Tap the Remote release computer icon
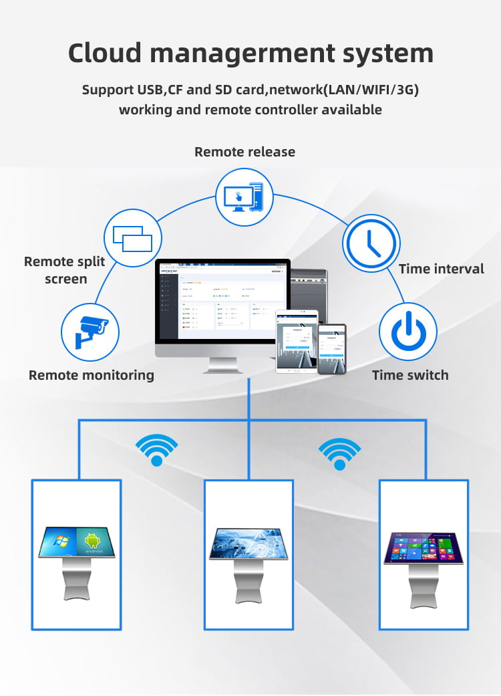(244, 197)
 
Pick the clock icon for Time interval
(371, 243)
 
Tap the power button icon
(407, 332)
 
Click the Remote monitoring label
(91, 375)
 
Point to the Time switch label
(410, 375)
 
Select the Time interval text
(441, 269)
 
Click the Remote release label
(244, 152)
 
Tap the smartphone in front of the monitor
(331, 349)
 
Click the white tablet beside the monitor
(296, 341)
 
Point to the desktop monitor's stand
(223, 365)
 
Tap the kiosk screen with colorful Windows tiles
(424, 547)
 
